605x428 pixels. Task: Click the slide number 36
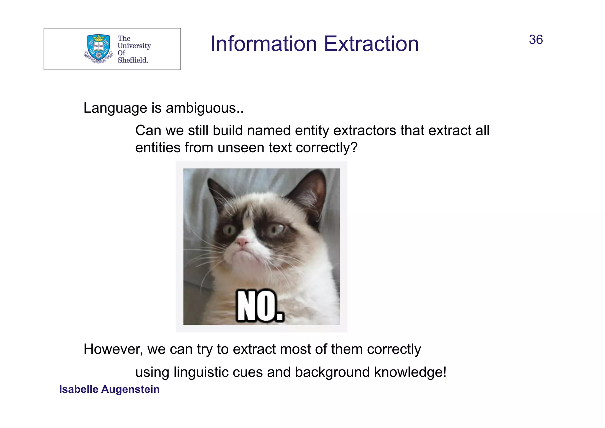click(536, 40)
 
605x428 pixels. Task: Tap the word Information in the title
click(264, 44)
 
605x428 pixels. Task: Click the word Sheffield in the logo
click(133, 60)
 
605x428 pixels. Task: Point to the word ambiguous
click(204, 108)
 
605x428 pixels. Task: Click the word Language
click(115, 108)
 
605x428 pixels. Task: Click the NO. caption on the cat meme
click(260, 306)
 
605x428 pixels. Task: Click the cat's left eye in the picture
click(229, 230)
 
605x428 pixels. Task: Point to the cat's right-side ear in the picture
click(310, 192)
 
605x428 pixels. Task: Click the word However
click(113, 349)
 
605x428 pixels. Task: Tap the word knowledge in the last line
click(410, 372)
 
